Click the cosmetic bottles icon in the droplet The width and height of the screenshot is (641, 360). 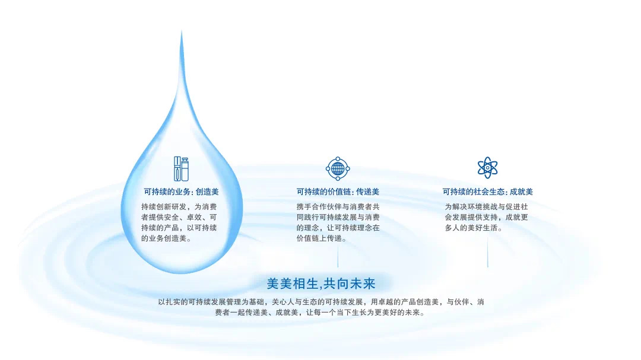(181, 169)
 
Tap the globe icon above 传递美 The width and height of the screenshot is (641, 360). (338, 169)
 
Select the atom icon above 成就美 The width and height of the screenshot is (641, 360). (487, 168)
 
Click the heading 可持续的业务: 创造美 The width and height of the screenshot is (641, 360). (182, 192)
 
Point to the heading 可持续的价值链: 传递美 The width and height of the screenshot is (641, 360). (338, 192)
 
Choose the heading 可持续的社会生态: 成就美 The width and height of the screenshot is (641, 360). (487, 192)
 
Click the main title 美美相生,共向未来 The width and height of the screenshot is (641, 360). (321, 283)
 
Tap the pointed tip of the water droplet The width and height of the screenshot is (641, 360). (182, 32)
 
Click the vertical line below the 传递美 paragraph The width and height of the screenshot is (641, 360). (338, 257)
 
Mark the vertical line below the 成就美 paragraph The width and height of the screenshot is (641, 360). (487, 251)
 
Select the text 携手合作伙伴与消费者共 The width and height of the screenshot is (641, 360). (338, 207)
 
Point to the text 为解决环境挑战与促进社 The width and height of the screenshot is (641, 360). (487, 207)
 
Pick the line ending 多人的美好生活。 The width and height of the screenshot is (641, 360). (474, 228)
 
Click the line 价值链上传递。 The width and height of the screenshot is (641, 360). (321, 238)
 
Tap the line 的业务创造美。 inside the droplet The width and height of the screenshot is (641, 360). (166, 238)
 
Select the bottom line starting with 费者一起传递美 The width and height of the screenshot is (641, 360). (320, 313)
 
